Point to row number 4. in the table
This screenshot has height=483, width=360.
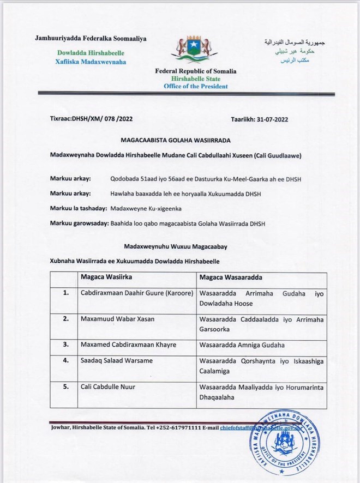[x=65, y=360]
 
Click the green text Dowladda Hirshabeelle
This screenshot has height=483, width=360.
[x=91, y=53]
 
